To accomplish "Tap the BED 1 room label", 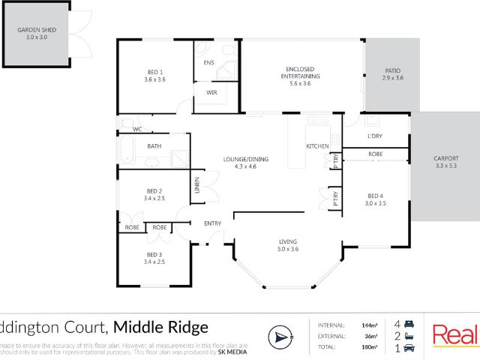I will point(154,73).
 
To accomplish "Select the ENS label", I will point(208,62).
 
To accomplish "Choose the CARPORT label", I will point(445,158).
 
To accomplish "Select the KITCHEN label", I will point(316,145).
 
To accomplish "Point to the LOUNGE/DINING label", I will point(246,159).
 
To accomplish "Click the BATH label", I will point(154,146).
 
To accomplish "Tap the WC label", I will point(137,129).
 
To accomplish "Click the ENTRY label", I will point(213,223).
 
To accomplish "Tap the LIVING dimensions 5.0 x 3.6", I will point(288,248).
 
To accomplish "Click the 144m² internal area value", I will point(369,325).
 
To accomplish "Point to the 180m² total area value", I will point(369,347).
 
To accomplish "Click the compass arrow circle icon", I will point(278,336).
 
